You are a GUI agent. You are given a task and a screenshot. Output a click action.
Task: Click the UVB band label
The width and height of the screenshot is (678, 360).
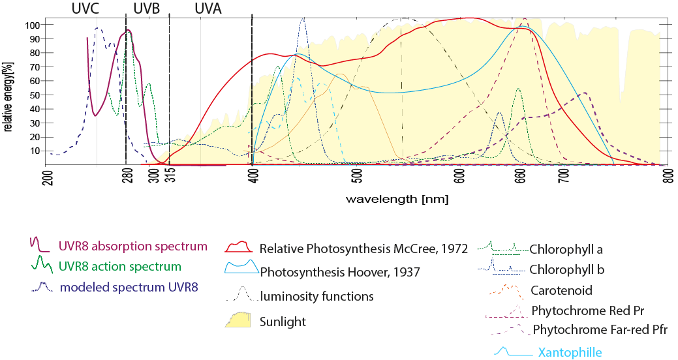tap(146, 8)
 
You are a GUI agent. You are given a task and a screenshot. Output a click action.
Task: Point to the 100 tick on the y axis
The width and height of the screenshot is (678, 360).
tap(32, 25)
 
